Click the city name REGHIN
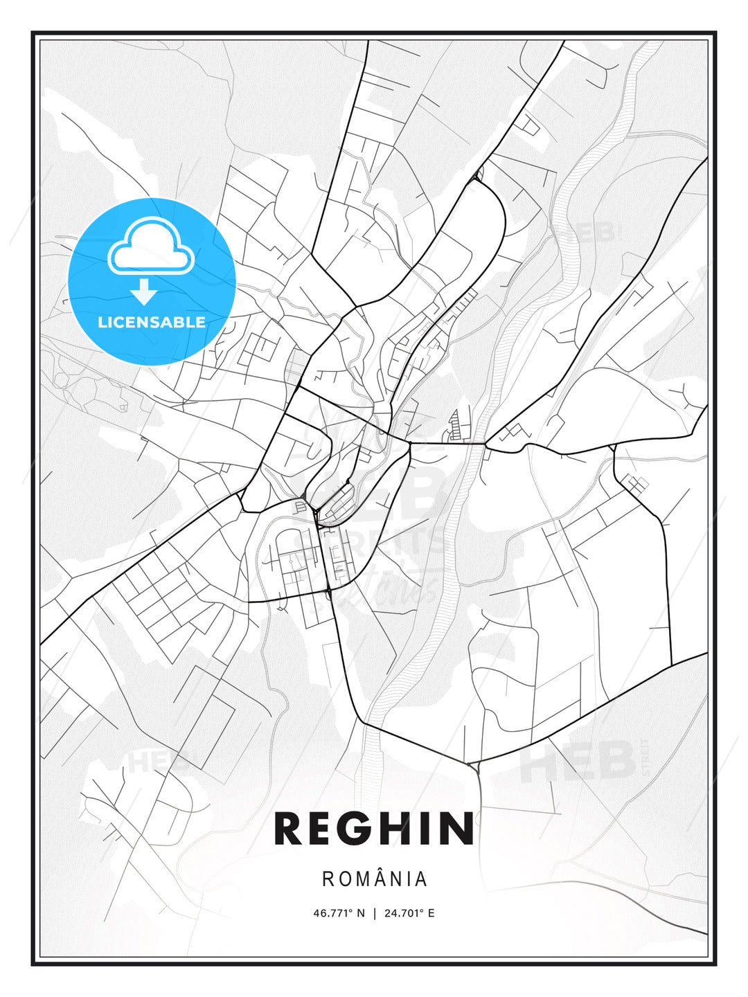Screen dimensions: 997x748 (374, 829)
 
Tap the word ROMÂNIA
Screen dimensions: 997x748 (375, 879)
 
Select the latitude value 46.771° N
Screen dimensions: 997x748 (339, 913)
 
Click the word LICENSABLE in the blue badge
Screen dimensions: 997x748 (152, 322)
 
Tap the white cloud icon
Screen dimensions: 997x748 (149, 246)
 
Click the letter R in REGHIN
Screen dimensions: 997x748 (290, 829)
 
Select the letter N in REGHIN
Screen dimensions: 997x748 (456, 829)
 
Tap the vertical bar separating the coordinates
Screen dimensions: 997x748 (375, 913)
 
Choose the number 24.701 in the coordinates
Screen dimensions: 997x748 (401, 913)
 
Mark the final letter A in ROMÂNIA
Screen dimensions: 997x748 (421, 879)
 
